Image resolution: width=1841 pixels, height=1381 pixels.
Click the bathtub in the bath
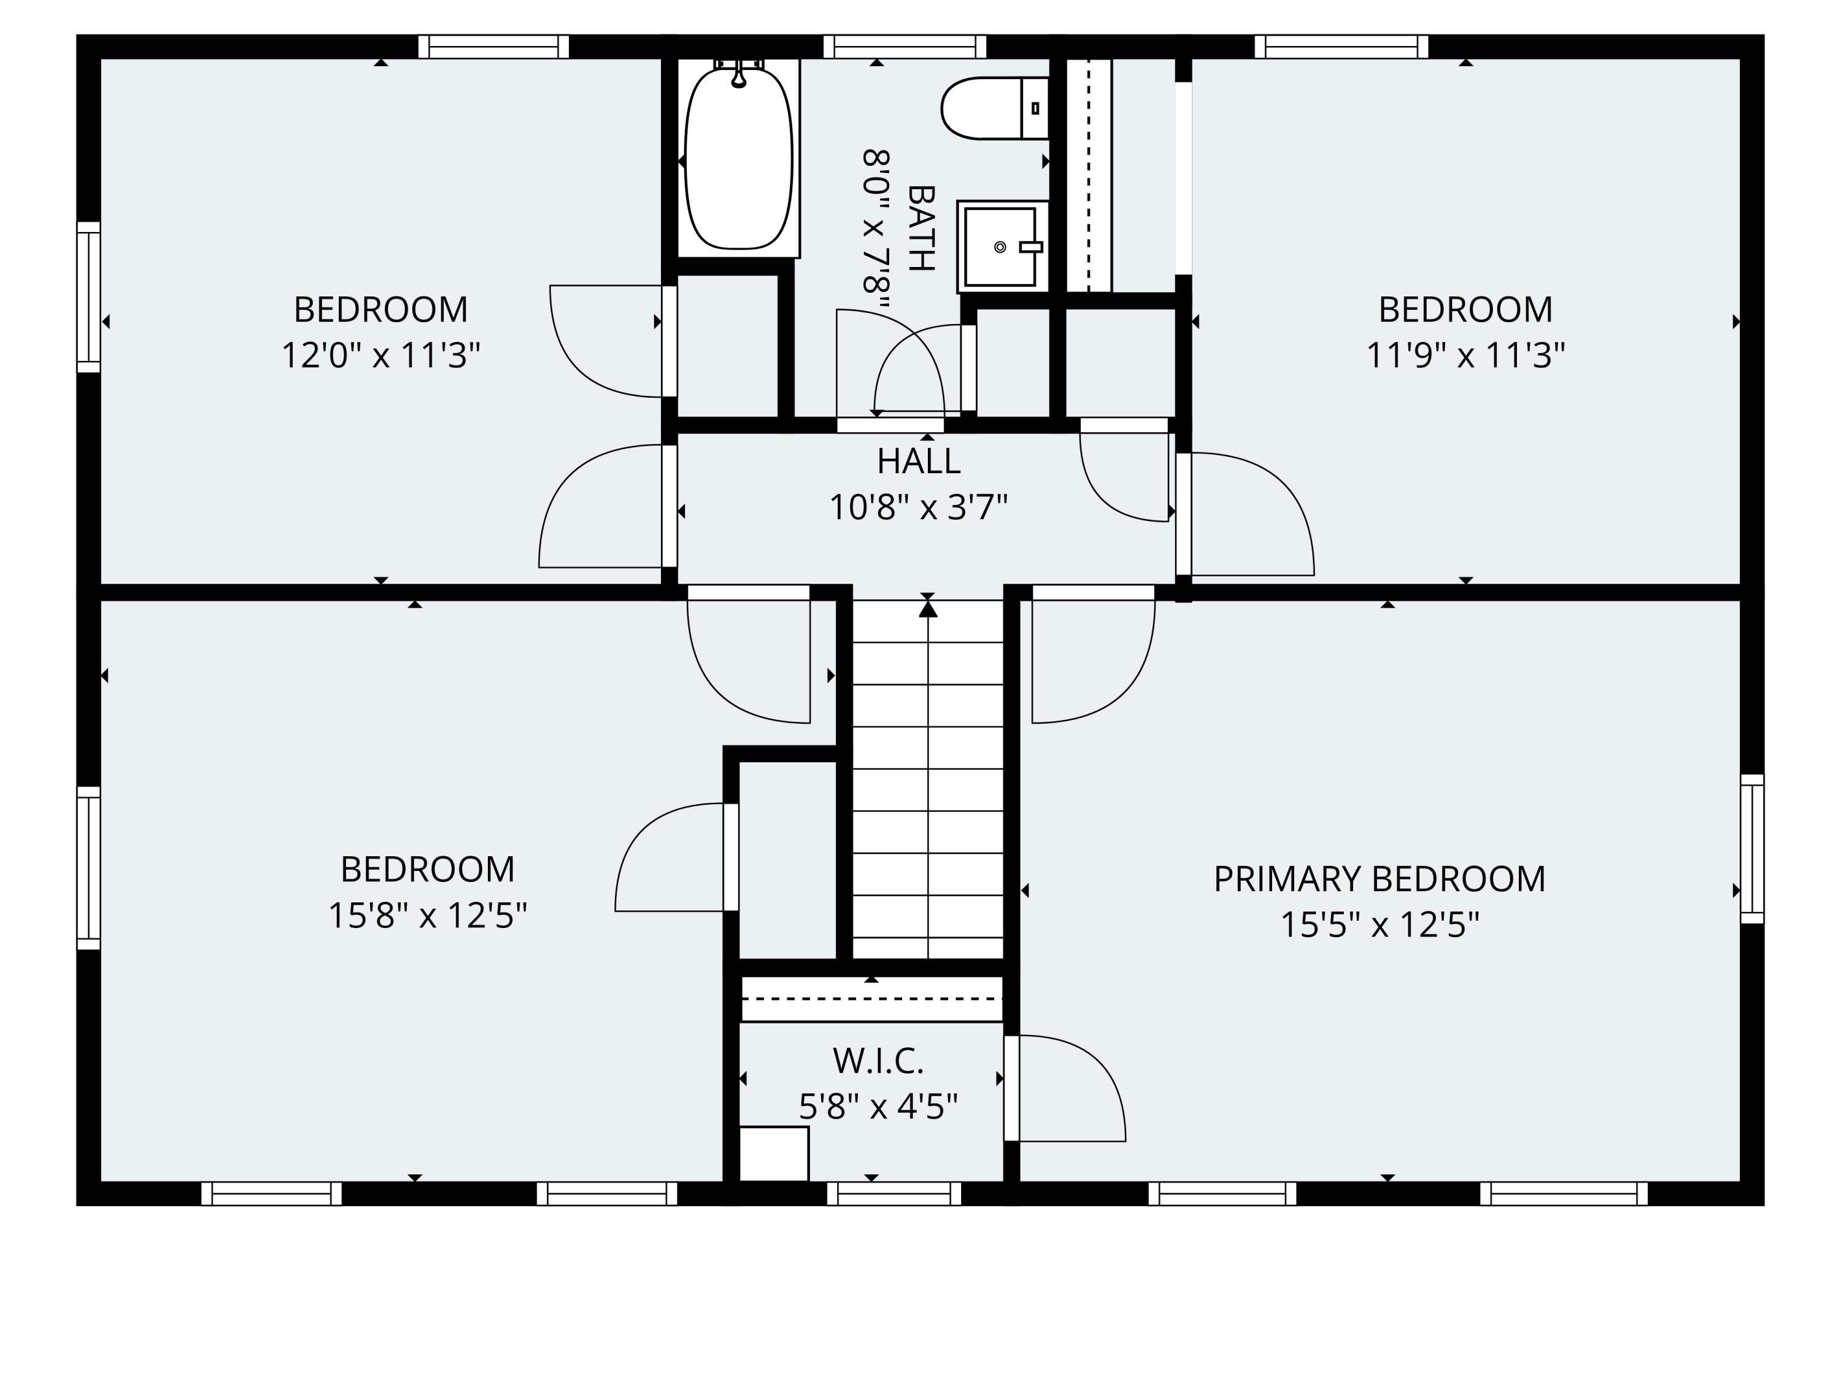pos(738,158)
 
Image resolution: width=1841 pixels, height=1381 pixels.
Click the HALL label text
pos(918,461)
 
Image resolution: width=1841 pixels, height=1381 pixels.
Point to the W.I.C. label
pos(878,1061)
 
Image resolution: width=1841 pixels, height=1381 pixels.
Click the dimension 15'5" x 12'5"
pos(1379,925)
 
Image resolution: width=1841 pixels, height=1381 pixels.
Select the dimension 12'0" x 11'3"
pos(381,355)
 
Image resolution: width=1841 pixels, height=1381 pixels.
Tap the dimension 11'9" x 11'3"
pos(1465,355)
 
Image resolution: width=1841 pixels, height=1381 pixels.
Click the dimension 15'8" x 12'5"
pos(427,916)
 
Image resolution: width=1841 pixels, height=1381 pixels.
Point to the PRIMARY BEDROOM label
pos(1379,879)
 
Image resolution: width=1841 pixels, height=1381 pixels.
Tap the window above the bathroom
pos(905,47)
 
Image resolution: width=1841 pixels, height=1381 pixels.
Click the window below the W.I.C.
pos(894,1194)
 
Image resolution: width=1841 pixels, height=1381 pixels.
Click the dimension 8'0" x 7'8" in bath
pos(876,228)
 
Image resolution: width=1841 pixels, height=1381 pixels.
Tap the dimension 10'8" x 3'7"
pos(918,507)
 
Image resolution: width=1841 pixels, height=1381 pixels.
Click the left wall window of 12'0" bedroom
pos(89,297)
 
